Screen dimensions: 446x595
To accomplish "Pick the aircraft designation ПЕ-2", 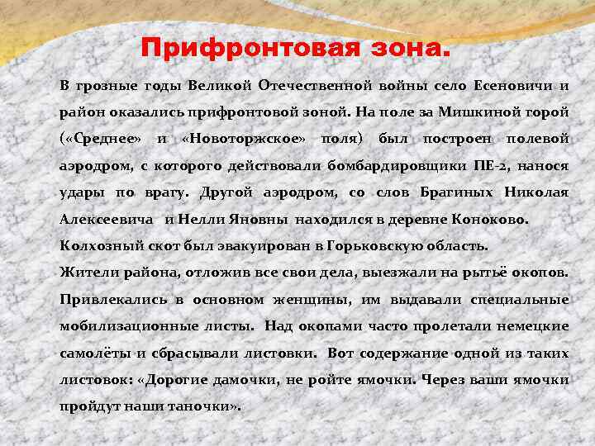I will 492,165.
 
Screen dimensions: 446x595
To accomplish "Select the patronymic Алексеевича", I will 107,220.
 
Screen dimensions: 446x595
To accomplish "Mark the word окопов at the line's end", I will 544,272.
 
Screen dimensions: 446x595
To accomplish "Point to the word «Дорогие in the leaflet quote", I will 176,380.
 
